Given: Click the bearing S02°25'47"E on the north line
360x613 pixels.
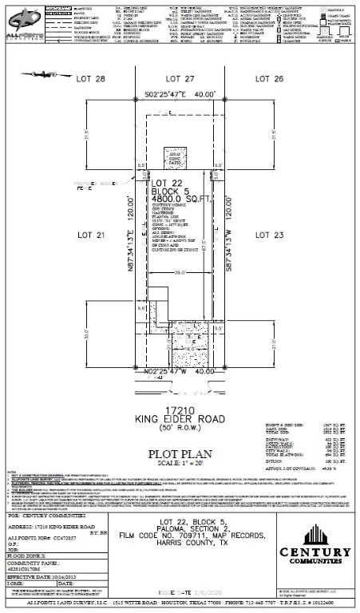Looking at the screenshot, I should (x=179, y=94).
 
